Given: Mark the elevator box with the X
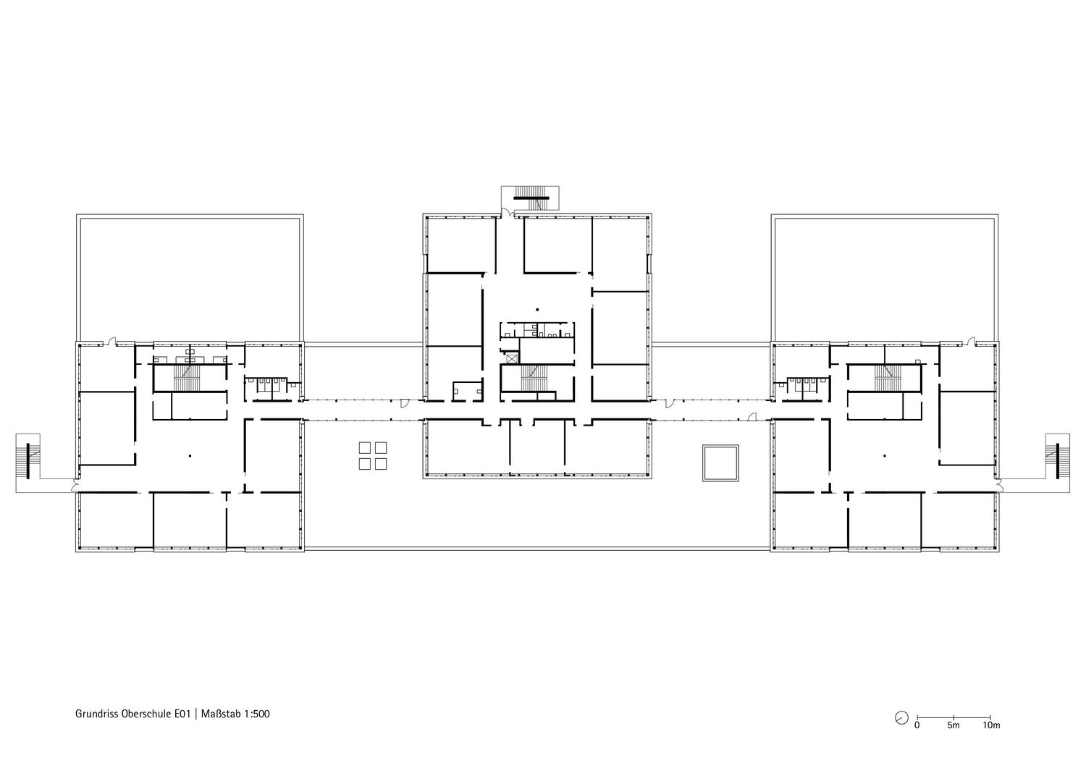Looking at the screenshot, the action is point(512,359).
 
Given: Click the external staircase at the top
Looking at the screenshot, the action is point(531,198).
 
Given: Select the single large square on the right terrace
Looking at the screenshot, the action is point(720,463).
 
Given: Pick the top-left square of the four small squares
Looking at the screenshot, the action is point(365,447).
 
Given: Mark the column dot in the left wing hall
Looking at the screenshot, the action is point(190,455).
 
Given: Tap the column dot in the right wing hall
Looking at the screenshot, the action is point(885,456).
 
